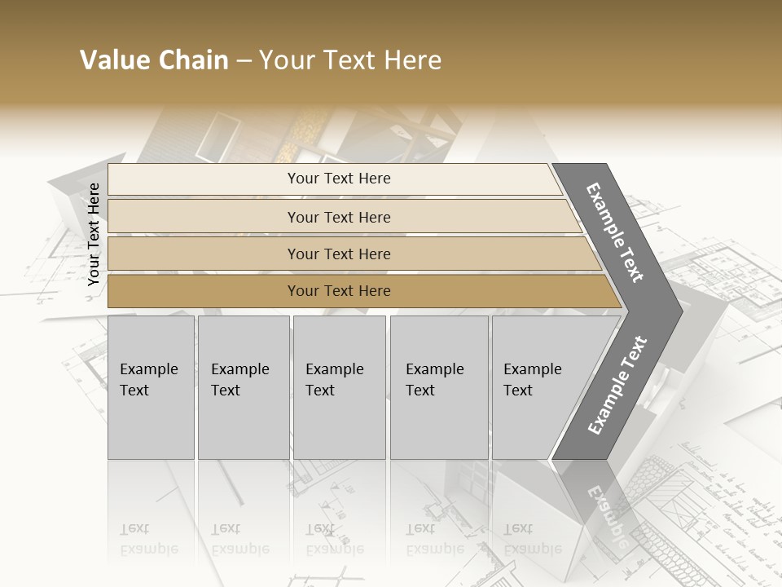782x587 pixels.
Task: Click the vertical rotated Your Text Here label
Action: point(94,235)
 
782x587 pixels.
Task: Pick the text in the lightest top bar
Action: point(339,179)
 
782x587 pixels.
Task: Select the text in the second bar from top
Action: point(339,218)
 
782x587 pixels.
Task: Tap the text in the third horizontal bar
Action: point(339,254)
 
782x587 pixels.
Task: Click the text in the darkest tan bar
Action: point(339,291)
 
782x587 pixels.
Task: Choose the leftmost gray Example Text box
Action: point(151,387)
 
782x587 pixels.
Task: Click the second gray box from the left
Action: point(243,387)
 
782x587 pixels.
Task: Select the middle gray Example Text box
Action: point(339,387)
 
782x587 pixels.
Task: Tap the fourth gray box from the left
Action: point(438,387)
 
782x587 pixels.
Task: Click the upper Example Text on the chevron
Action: point(616,232)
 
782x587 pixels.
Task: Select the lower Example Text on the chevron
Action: point(617,386)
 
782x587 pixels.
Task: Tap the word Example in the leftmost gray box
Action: point(148,369)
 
